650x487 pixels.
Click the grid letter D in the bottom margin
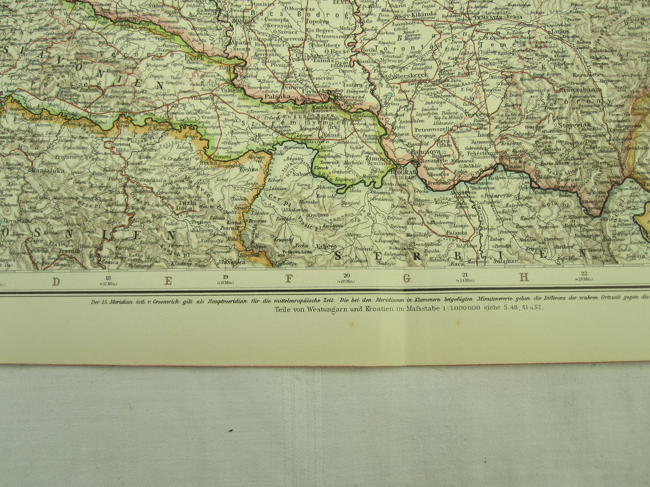tap(56, 280)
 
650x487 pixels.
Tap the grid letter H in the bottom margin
tap(524, 277)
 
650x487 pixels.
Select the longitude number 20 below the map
tap(346, 275)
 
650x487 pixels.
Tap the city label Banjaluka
tap(48, 170)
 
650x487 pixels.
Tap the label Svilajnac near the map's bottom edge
tap(503, 261)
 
